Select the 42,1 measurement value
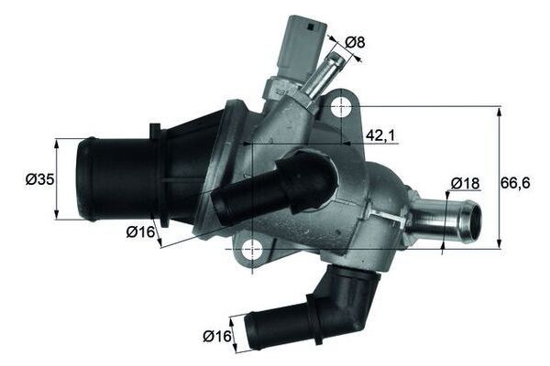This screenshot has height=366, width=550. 380,135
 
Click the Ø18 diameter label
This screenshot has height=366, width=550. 466,184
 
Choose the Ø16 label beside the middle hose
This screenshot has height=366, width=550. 139,232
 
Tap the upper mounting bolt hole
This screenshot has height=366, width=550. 340,107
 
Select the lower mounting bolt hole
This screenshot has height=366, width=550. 250,247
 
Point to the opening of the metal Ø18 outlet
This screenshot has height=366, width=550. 471,219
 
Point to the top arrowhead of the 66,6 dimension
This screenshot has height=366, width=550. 500,108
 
